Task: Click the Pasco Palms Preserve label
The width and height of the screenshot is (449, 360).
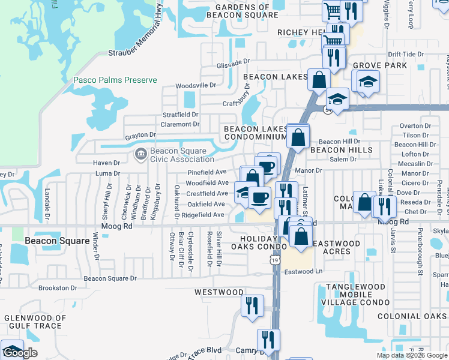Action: [x=115, y=80]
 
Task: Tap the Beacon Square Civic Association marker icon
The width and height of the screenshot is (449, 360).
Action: [x=141, y=154]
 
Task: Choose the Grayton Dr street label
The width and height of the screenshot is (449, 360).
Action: [x=140, y=136]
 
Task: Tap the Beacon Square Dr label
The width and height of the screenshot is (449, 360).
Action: [x=110, y=278]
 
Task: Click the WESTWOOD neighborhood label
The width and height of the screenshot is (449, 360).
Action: [x=218, y=292]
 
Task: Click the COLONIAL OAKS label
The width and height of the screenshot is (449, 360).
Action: [x=417, y=316]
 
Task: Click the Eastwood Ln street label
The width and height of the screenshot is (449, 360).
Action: [x=304, y=272]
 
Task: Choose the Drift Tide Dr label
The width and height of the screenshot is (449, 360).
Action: [x=406, y=54]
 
